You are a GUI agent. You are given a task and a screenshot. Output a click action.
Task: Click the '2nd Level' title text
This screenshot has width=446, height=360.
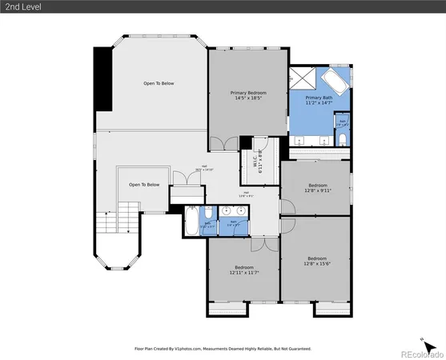(x=22, y=7)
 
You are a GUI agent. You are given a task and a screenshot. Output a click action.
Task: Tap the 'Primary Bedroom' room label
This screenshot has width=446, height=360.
(x=248, y=95)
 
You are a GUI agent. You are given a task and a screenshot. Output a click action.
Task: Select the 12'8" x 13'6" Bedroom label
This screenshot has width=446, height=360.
(x=317, y=261)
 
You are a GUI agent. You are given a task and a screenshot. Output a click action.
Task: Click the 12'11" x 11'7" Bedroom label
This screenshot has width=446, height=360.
(x=243, y=270)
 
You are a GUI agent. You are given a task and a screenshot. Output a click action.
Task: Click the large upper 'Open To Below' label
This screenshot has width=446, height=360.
(x=159, y=83)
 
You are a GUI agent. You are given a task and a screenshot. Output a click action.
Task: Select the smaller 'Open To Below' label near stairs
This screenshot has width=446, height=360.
(x=144, y=184)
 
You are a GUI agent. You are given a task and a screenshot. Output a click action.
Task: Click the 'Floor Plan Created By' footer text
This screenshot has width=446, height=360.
(x=223, y=350)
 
